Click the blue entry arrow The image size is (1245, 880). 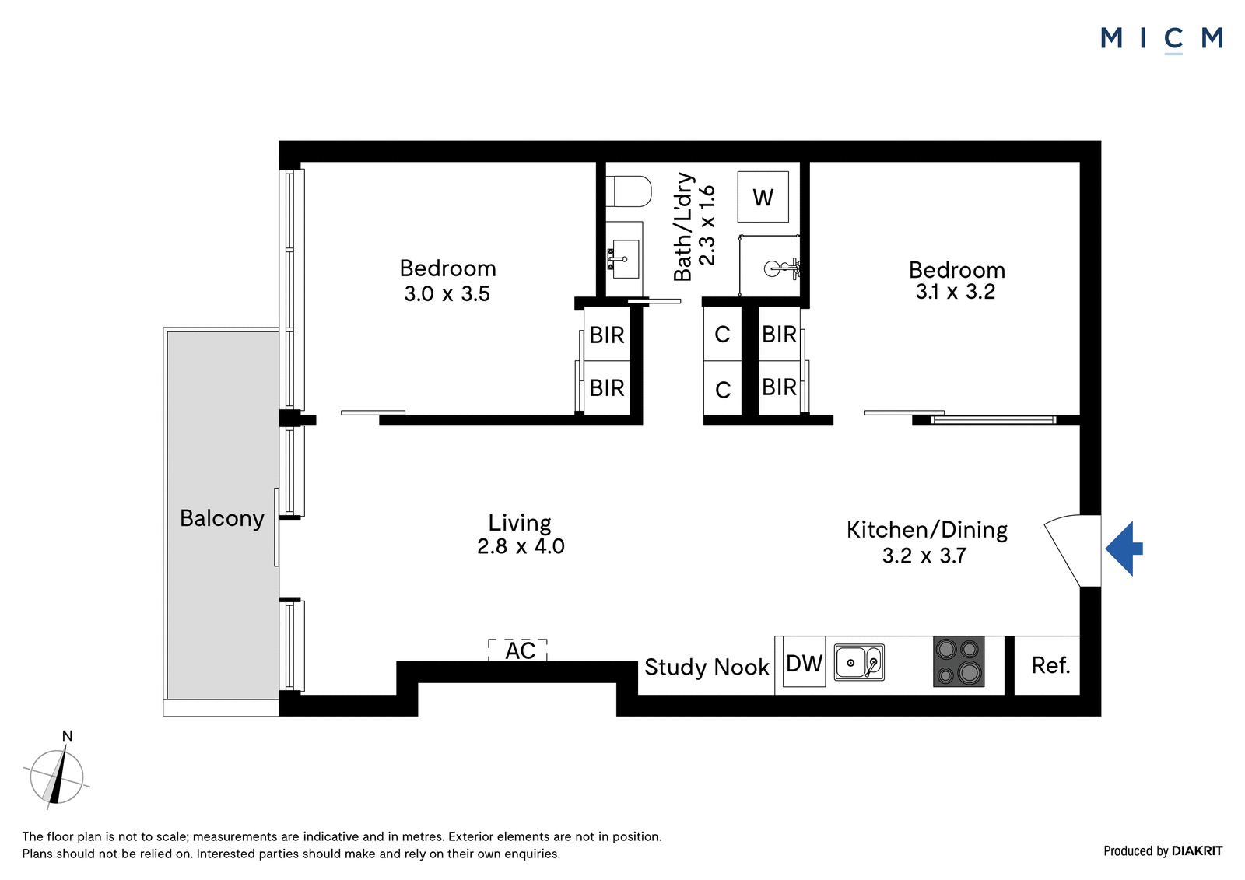(1124, 549)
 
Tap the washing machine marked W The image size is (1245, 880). (763, 197)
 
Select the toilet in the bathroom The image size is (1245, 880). (628, 191)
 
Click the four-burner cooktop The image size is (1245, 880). (959, 661)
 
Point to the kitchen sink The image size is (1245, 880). (859, 663)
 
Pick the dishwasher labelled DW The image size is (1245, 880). (805, 663)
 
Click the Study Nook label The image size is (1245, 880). (707, 667)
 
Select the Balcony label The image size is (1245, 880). (222, 519)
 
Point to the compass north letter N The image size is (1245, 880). (67, 736)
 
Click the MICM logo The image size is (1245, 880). (1162, 40)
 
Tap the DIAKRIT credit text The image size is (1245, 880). (1198, 850)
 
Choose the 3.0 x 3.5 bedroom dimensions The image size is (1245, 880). (447, 293)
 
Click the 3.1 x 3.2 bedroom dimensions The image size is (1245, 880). (956, 291)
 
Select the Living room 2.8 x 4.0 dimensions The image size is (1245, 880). (521, 546)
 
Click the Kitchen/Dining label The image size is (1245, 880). (927, 530)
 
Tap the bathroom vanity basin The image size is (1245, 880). (625, 258)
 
